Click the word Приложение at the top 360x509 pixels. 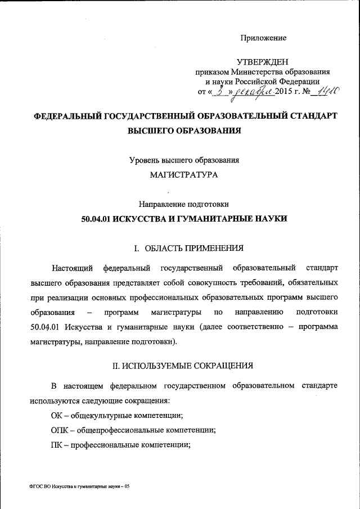pos(264,38)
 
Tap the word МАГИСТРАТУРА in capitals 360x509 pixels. pos(184,174)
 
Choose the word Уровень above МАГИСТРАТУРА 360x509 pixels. pos(145,160)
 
